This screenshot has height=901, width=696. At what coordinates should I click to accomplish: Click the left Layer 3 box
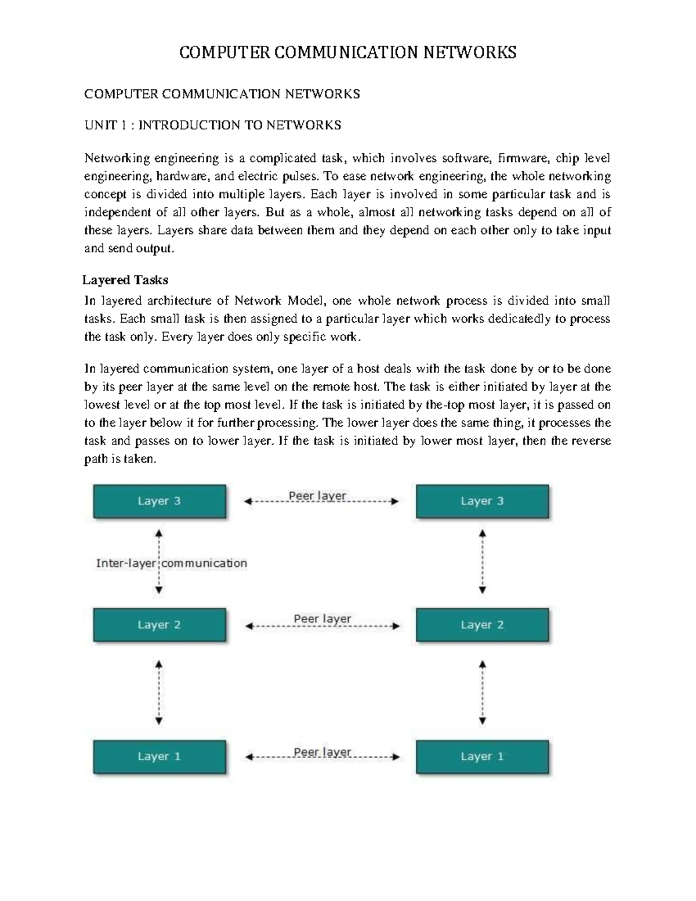click(159, 501)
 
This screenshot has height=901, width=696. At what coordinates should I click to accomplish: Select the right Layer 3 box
click(482, 501)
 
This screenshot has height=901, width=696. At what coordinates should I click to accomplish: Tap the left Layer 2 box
click(159, 625)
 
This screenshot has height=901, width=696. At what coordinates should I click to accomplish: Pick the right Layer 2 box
click(482, 625)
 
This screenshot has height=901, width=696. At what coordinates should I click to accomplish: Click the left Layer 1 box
click(159, 757)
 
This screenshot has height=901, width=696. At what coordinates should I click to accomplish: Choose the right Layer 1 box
click(482, 757)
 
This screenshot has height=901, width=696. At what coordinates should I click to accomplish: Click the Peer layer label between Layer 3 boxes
click(317, 496)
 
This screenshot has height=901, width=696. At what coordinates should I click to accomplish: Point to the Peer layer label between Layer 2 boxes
click(322, 619)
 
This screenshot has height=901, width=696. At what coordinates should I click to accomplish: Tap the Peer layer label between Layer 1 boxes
click(322, 752)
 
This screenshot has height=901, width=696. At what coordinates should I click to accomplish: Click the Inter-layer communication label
click(172, 563)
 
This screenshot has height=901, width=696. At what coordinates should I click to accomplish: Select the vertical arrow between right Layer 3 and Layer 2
click(482, 562)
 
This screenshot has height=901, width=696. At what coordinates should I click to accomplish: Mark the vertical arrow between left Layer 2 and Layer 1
click(159, 692)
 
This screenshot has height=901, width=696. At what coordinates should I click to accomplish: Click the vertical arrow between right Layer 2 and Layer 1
click(482, 692)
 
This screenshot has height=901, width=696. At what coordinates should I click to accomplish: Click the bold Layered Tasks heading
click(125, 280)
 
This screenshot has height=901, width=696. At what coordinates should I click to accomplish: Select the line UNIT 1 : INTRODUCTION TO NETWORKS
click(213, 125)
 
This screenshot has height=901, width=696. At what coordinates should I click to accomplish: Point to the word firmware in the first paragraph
click(522, 158)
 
